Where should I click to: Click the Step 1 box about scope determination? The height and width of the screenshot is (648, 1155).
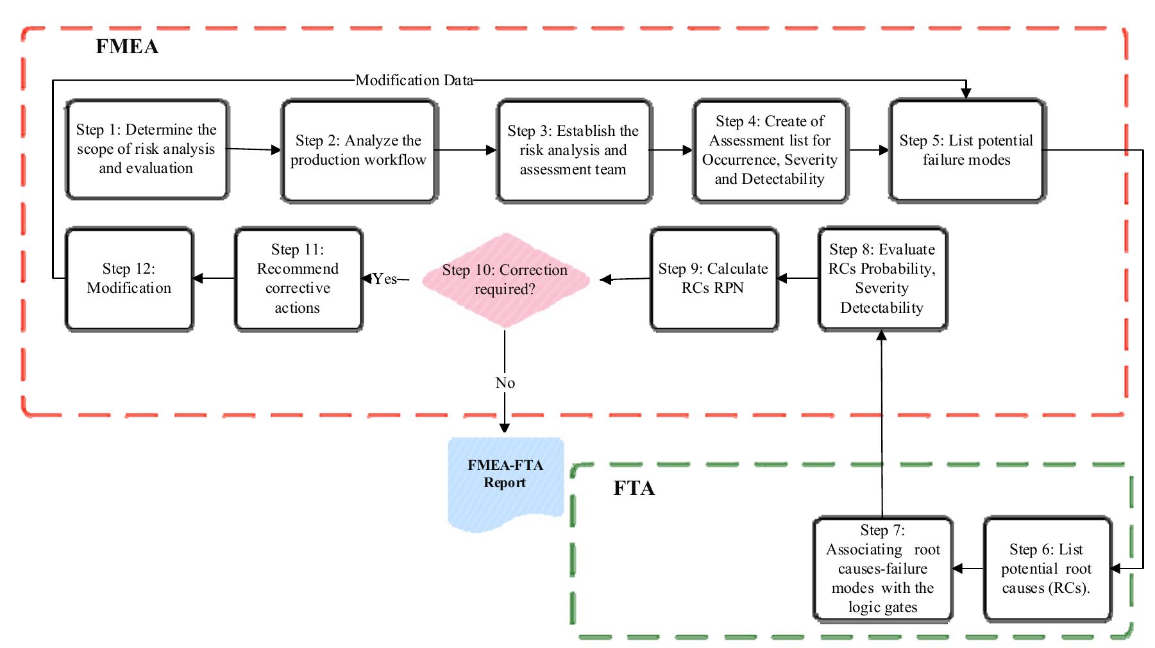[147, 149]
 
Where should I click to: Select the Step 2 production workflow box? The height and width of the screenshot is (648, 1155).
[359, 151]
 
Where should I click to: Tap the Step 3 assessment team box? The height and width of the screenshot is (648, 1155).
[574, 151]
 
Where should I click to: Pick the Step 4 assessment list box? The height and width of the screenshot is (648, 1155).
[770, 151]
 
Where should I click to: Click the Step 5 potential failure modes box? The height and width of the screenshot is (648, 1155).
[967, 151]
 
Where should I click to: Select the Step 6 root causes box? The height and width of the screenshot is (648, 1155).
[1047, 569]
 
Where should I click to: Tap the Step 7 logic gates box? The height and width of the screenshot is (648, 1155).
[882, 569]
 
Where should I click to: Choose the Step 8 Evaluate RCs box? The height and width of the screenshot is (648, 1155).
[882, 279]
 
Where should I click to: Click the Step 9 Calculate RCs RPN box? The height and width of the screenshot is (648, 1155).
[714, 279]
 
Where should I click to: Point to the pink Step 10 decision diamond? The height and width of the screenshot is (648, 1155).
[505, 279]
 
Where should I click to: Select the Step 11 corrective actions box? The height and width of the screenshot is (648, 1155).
[298, 279]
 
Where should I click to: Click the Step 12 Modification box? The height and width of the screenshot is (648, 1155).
[129, 279]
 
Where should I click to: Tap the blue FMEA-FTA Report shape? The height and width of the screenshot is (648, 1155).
[505, 481]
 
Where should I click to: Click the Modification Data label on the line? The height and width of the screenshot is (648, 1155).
[414, 80]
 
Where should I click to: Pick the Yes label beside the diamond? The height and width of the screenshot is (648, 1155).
[385, 279]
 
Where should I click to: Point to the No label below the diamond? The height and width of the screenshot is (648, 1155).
[505, 383]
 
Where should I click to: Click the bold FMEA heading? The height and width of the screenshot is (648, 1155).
[127, 47]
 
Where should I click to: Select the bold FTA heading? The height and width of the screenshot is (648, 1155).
[634, 488]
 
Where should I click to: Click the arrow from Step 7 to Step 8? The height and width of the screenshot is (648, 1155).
[882, 423]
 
